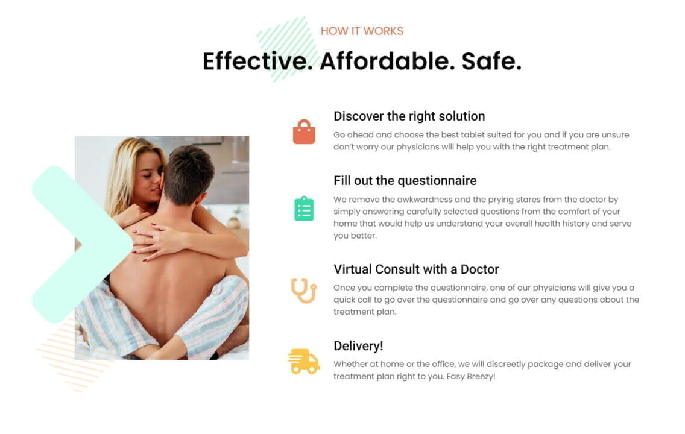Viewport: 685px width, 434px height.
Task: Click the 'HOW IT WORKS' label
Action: click(362, 31)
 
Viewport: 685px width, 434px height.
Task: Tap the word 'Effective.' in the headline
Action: click(257, 61)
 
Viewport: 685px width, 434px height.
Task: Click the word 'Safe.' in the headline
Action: click(491, 61)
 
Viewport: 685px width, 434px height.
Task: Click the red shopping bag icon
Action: click(304, 132)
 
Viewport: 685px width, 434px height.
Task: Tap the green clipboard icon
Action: click(304, 209)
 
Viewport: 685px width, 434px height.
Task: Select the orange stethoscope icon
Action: click(304, 291)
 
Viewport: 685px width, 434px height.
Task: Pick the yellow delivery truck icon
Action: click(304, 362)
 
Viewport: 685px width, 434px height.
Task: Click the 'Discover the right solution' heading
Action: click(409, 116)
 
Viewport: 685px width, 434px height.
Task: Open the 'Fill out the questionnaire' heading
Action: click(405, 181)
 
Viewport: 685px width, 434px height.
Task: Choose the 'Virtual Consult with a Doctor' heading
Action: click(416, 269)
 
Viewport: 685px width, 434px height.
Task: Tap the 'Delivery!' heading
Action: click(358, 346)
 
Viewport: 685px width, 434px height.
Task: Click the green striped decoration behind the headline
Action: click(286, 49)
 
